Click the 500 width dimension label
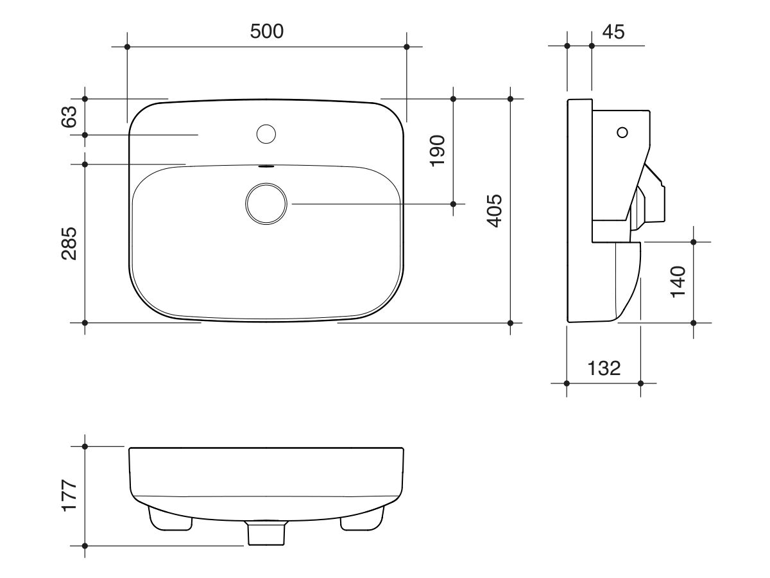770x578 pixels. click(x=266, y=31)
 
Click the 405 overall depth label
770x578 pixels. click(x=494, y=210)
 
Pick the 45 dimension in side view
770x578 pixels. click(x=613, y=31)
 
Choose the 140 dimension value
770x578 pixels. click(x=678, y=281)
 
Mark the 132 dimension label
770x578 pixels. click(x=604, y=368)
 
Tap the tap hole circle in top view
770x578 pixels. click(x=266, y=134)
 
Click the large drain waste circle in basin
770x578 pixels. click(x=266, y=204)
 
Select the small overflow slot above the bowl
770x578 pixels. click(x=266, y=166)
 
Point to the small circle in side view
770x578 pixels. click(x=621, y=132)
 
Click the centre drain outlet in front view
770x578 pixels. click(x=266, y=532)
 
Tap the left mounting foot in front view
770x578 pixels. click(x=170, y=519)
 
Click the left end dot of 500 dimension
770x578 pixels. click(x=127, y=47)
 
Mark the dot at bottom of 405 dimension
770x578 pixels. click(x=510, y=322)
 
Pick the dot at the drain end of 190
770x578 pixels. click(x=453, y=204)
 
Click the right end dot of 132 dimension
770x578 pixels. click(x=640, y=383)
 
